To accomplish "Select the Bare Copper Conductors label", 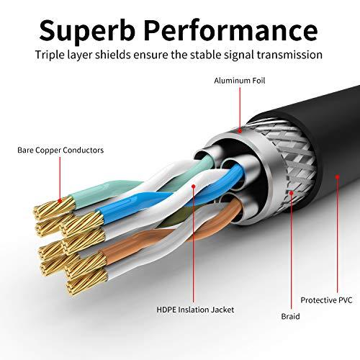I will click(x=60, y=150).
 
